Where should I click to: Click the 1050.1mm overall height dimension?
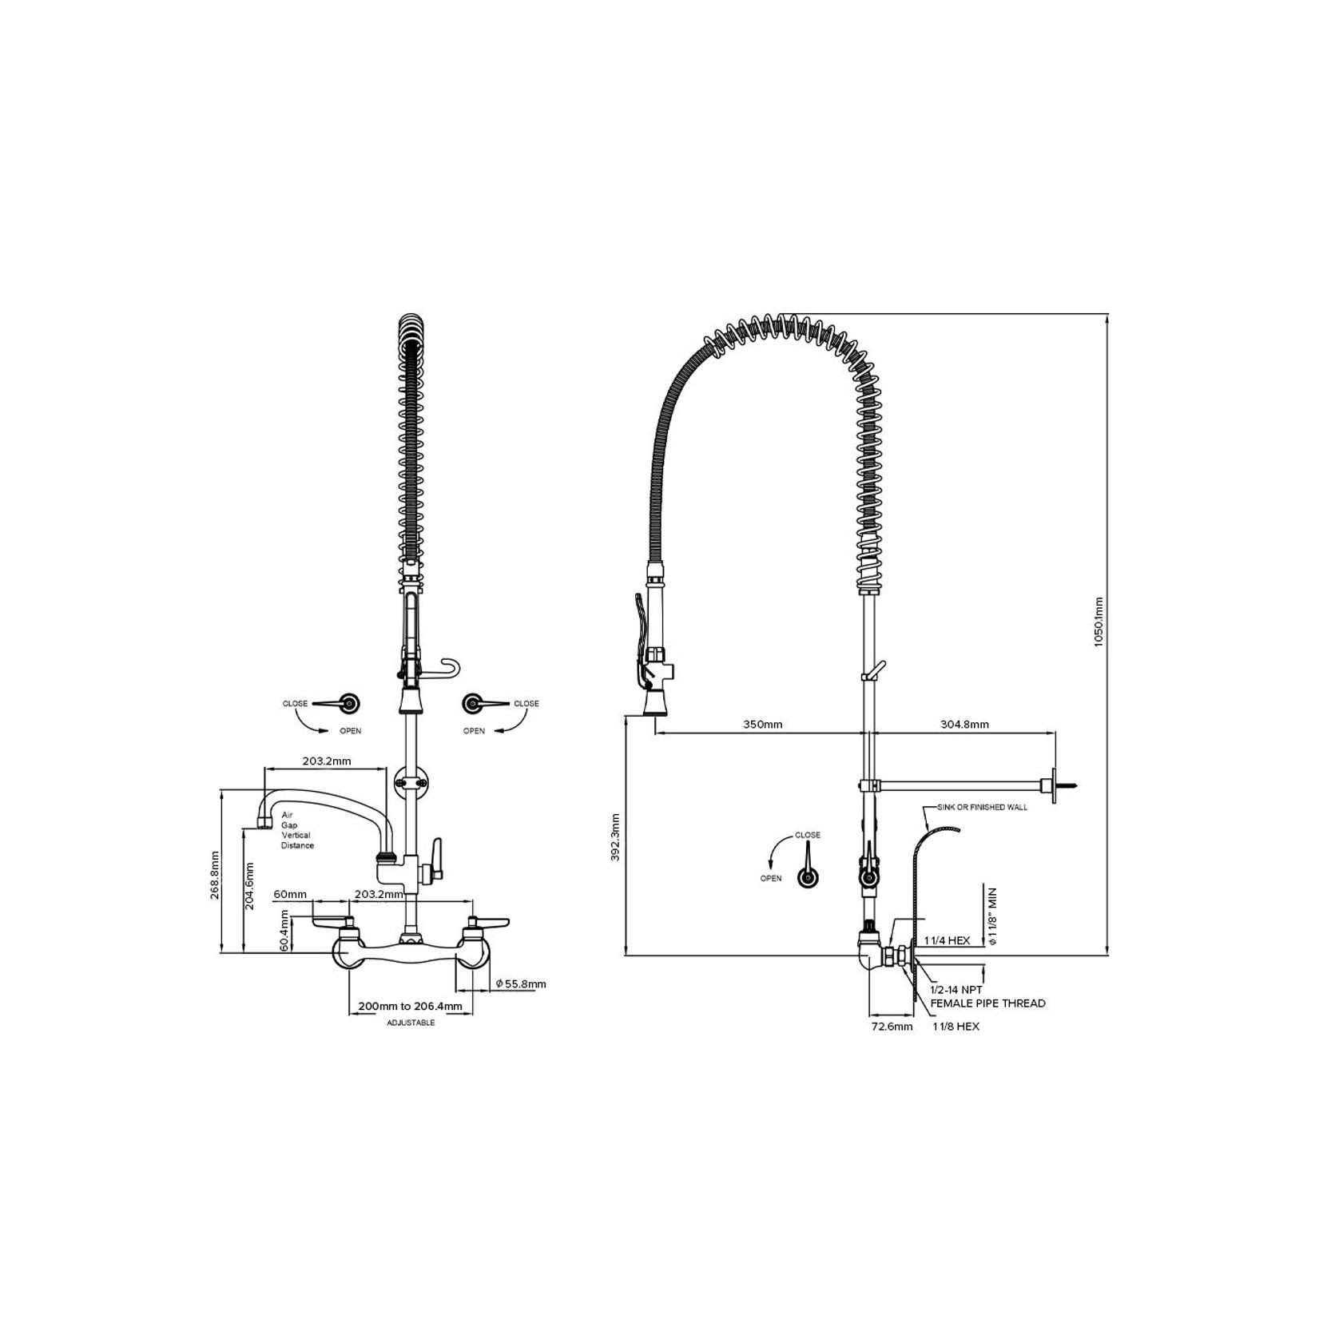point(1099,632)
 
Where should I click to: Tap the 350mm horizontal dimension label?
point(762,725)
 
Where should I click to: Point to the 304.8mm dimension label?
point(964,725)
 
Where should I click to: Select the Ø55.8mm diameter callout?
point(520,983)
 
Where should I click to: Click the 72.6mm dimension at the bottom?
point(891,1027)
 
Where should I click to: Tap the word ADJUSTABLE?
point(411,1023)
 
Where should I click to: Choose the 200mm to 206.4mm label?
point(410,1007)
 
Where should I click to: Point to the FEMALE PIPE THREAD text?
point(987,1003)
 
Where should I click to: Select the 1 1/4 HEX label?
point(947,940)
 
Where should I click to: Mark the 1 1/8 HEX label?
point(956,1027)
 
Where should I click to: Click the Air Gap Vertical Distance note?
point(297,830)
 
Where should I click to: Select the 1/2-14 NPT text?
point(956,990)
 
